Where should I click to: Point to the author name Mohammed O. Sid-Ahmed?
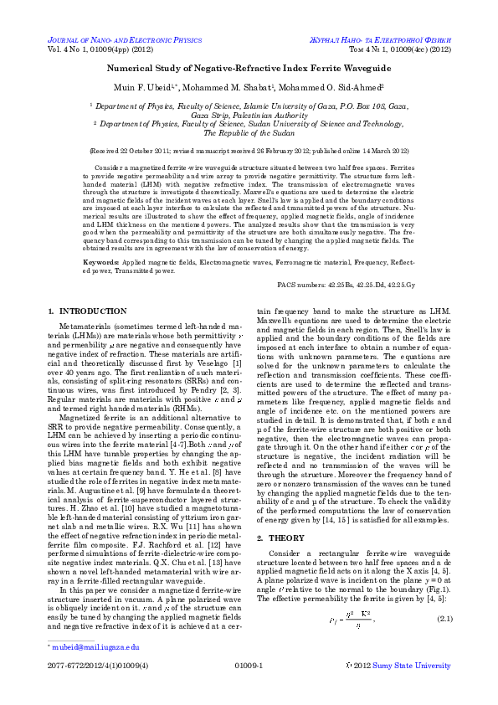333,86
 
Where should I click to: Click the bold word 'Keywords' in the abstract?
100,263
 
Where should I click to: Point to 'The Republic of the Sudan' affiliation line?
249,132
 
